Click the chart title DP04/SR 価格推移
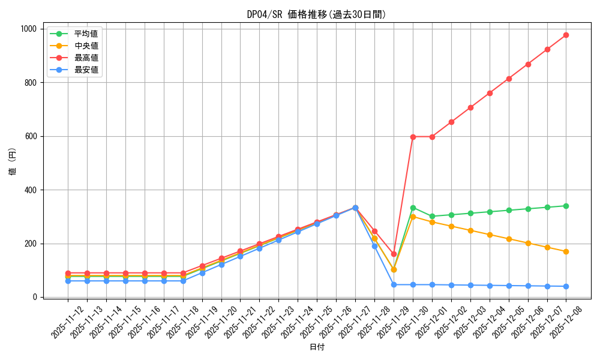click(x=317, y=14)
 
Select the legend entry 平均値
click(x=86, y=34)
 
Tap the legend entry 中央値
click(x=86, y=46)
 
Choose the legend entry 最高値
click(x=86, y=58)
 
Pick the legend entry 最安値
click(x=86, y=70)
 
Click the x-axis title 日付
click(x=317, y=347)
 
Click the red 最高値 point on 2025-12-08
click(x=566, y=35)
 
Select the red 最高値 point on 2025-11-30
click(x=413, y=137)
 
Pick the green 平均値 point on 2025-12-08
click(x=566, y=206)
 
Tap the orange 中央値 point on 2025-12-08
click(x=566, y=251)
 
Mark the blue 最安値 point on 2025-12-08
click(x=566, y=286)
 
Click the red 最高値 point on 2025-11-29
click(x=394, y=254)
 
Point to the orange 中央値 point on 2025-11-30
click(x=413, y=217)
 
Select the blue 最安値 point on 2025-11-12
click(x=68, y=281)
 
